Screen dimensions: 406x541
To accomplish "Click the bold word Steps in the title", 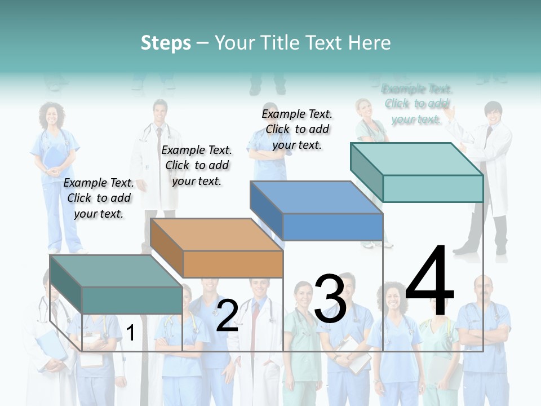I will pyautogui.click(x=166, y=43).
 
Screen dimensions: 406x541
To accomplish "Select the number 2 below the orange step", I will pyautogui.click(x=227, y=315).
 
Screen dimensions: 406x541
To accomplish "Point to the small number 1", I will pyautogui.click(x=130, y=333).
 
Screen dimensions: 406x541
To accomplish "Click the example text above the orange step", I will pyautogui.click(x=197, y=165).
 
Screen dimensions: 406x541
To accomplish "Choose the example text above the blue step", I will pyautogui.click(x=297, y=129).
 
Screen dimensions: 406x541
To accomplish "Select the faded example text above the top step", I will pyautogui.click(x=417, y=104).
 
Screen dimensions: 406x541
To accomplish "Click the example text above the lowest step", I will pyautogui.click(x=99, y=198).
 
